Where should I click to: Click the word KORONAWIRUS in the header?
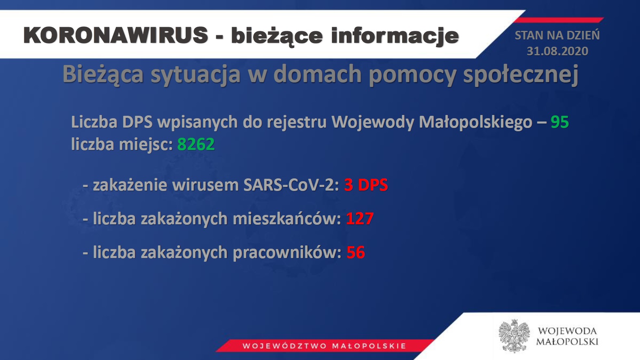[116, 35]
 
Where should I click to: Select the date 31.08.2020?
[558, 52]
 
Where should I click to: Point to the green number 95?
[560, 122]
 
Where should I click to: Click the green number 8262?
[196, 144]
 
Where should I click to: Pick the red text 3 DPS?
[366, 185]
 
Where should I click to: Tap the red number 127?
[360, 219]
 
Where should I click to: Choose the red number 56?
[356, 252]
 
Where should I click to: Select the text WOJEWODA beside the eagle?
[567, 332]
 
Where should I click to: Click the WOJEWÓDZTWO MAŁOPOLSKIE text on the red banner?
[324, 346]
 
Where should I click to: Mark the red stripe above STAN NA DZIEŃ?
[559, 20]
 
